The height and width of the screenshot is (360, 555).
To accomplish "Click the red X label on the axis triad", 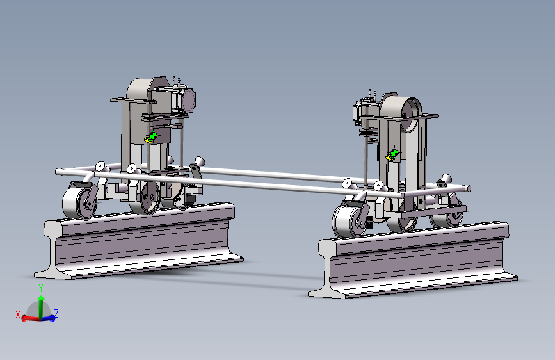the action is pos(18,315).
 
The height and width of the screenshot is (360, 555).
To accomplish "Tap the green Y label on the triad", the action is pos(41,288).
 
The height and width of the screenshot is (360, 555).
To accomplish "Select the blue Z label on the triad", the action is pos(56,313).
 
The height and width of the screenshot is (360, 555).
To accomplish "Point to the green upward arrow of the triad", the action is pos(41,306).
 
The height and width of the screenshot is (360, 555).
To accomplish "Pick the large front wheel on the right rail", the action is pos(350,221).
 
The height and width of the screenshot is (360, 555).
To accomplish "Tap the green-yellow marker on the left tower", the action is pos(151,138).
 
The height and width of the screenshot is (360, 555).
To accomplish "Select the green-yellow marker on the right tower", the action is pos(392,155).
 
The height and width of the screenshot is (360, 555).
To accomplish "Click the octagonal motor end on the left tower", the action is pos(188,99).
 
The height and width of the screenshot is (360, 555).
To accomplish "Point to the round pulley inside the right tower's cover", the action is pos(410,116).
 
